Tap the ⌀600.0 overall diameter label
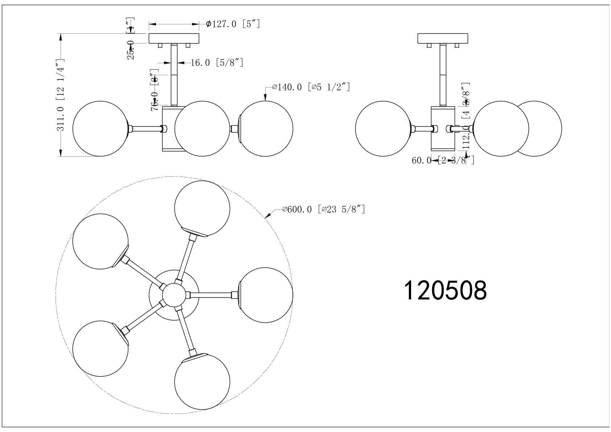coord(323,209)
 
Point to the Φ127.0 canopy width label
coord(233,24)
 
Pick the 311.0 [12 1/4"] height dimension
coord(61,95)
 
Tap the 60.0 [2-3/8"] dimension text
coord(443,160)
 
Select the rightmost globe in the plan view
coord(266,295)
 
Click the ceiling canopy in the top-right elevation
coord(443,38)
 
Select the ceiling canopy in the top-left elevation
coord(174,38)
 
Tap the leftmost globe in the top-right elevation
coord(383,129)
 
